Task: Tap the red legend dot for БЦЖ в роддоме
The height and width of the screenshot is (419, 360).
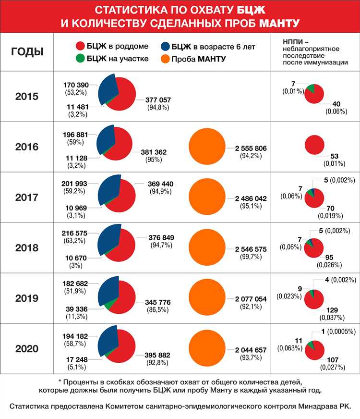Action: [x=80, y=47]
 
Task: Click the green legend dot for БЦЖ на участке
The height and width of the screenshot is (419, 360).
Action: [x=80, y=59]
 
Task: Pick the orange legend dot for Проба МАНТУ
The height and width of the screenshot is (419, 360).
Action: [x=165, y=59]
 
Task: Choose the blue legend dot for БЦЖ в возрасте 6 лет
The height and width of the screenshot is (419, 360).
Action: [x=165, y=47]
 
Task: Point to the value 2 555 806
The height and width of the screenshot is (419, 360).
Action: [x=250, y=148]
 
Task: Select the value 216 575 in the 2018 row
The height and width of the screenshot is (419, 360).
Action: [x=74, y=233]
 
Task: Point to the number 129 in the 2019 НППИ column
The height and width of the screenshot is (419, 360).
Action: [x=333, y=310]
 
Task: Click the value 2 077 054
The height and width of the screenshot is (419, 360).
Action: [x=250, y=299]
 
